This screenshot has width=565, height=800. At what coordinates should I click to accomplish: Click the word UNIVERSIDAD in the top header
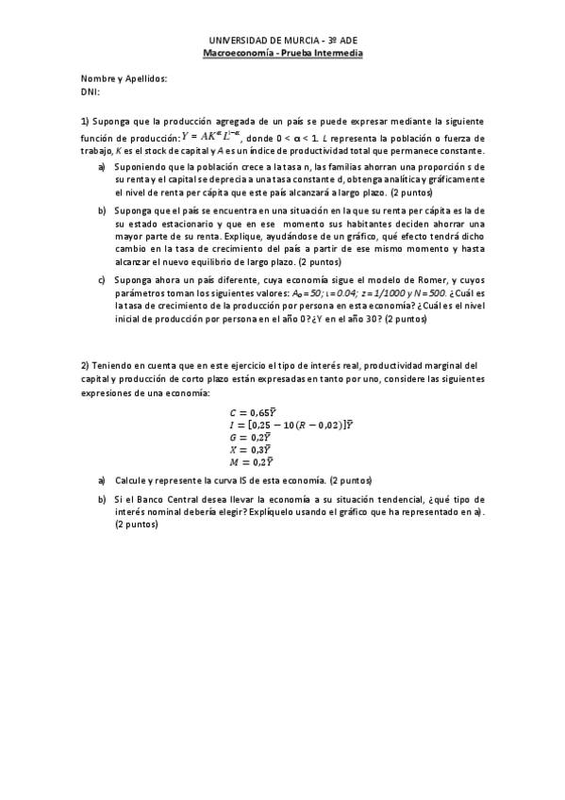tap(237, 42)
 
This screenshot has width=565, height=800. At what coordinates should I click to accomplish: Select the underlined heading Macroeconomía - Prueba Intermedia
tap(283, 54)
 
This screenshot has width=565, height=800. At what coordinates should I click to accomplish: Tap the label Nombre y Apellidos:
tap(124, 79)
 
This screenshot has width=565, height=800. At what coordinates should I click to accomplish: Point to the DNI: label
tap(91, 92)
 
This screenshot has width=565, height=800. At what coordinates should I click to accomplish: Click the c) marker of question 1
tap(101, 282)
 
